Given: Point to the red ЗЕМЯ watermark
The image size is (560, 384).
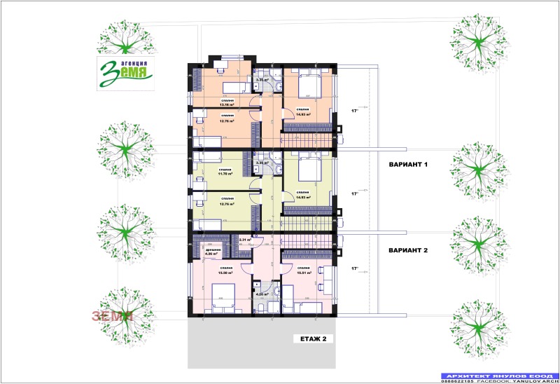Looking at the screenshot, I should (x=112, y=315).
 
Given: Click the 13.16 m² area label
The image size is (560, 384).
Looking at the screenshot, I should (x=227, y=104).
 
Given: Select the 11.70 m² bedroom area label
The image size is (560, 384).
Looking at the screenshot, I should (x=225, y=174).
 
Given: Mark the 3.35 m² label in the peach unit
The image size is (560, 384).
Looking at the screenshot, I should (x=262, y=80).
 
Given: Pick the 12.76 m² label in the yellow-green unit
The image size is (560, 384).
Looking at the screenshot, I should (x=225, y=205).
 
